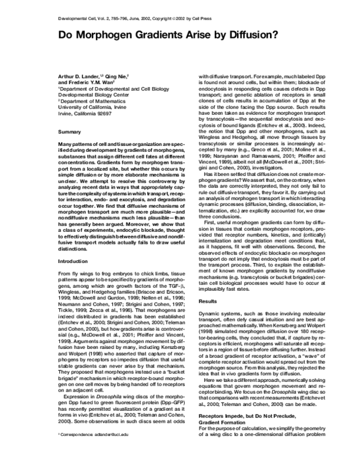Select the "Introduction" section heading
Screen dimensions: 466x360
(x=73, y=262)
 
